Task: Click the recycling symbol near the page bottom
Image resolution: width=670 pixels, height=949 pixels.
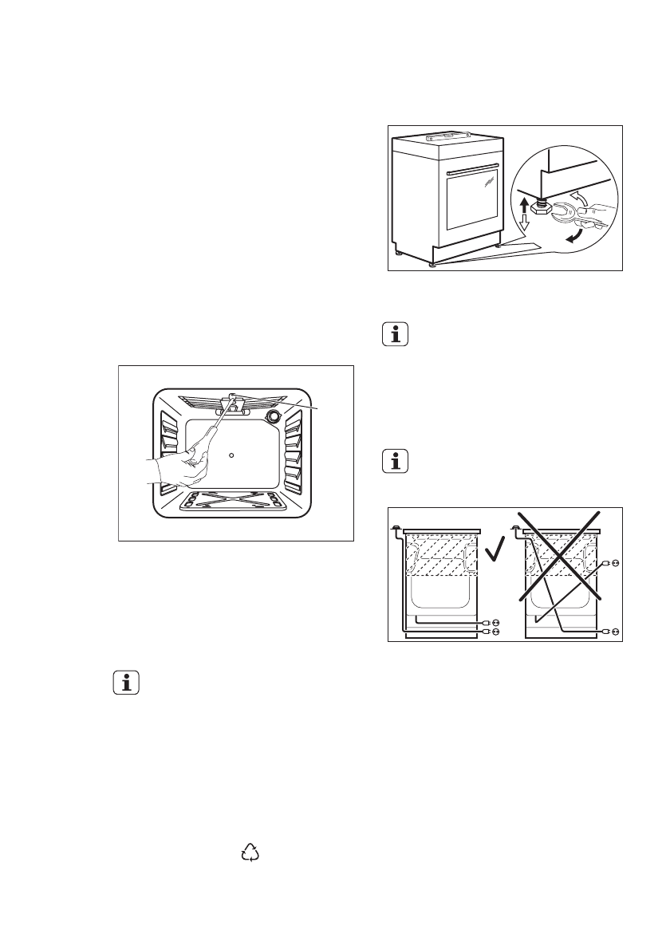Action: pyautogui.click(x=250, y=853)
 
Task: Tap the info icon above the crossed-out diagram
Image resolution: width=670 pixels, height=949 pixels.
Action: pyautogui.click(x=394, y=462)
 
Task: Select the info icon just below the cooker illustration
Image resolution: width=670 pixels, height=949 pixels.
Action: pyautogui.click(x=394, y=335)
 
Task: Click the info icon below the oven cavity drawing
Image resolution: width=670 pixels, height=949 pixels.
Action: pyautogui.click(x=126, y=683)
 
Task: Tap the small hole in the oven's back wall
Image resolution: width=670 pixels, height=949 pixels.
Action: pyautogui.click(x=231, y=455)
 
